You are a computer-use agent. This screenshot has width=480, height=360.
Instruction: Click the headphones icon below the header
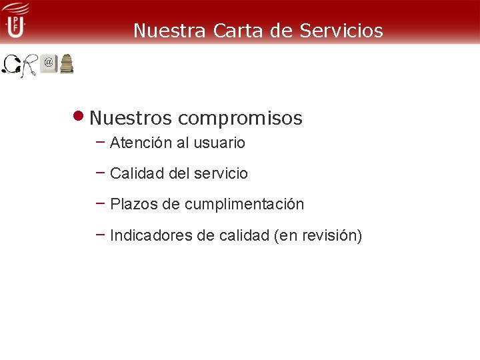(11, 65)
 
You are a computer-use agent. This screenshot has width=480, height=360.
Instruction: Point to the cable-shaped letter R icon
(29, 65)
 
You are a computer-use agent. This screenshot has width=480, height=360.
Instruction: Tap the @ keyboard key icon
(49, 63)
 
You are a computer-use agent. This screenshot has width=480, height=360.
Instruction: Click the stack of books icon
(67, 64)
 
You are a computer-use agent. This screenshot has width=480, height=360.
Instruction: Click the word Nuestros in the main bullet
(131, 119)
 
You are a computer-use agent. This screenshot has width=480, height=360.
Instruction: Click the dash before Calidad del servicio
(101, 172)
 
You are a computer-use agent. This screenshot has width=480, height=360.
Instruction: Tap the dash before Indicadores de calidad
(101, 233)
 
